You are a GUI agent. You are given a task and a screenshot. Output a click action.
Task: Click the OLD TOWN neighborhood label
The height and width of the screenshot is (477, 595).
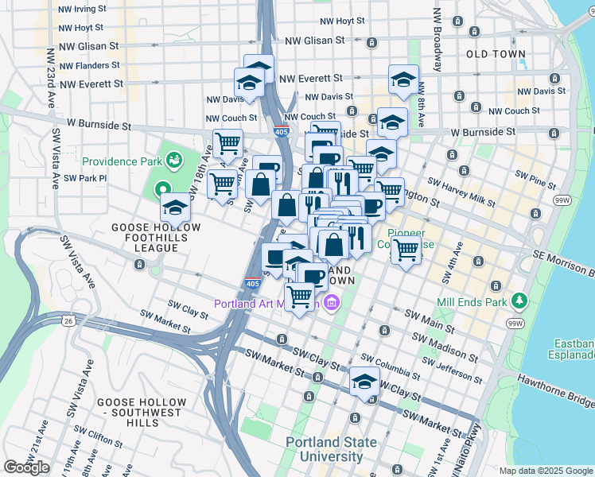coord(496,54)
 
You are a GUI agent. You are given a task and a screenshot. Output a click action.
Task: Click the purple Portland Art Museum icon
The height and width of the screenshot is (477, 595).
coord(332,304)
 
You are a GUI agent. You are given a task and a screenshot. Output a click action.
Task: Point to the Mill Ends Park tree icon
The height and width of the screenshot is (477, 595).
coord(519,301)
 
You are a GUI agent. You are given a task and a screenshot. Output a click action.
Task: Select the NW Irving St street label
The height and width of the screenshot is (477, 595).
coord(83,9)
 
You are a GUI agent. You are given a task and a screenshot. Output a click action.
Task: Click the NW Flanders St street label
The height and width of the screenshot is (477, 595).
coord(90,65)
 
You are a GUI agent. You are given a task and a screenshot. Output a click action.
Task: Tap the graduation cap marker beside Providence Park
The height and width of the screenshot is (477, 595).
coord(174,208)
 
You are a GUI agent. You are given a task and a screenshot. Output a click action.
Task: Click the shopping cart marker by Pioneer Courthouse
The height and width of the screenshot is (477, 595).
coord(406,249)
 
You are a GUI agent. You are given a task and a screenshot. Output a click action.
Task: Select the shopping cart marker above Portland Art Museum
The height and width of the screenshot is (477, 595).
coord(300,297)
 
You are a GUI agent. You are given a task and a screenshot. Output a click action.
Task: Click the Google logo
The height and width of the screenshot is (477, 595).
coord(26,467)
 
